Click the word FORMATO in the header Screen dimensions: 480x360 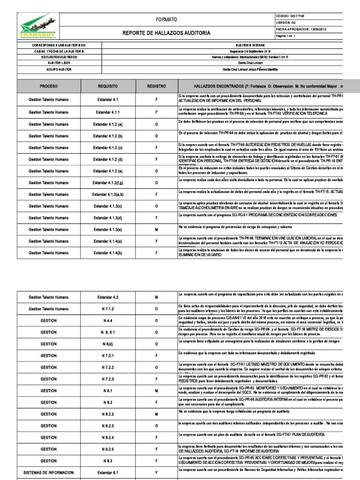click(169, 20)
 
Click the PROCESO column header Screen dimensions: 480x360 click(49, 87)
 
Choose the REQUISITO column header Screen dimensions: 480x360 click(108, 87)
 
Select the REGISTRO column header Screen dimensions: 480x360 click(157, 87)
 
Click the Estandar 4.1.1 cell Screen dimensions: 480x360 click(108, 112)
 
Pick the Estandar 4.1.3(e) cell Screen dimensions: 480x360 click(108, 230)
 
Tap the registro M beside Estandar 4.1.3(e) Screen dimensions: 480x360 click(157, 230)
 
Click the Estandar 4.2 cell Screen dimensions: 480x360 click(108, 297)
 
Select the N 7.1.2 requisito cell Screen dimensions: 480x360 click(108, 309)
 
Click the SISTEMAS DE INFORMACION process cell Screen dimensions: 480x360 click(49, 472)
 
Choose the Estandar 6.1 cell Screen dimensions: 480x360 click(108, 472)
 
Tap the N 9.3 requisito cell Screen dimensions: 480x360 click(108, 461)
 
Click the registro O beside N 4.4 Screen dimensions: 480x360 click(157, 321)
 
